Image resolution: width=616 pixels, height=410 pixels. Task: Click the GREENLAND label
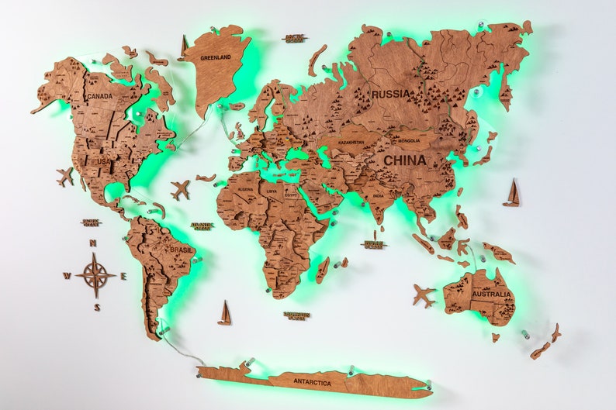[216, 57]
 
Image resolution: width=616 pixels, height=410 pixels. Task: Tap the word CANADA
[99, 96]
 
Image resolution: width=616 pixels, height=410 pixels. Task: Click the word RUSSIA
[391, 94]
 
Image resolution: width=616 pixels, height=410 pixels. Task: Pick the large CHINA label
[404, 160]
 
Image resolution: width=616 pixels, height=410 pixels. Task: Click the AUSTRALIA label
[490, 295]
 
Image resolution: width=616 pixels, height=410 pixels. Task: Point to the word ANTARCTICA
[313, 382]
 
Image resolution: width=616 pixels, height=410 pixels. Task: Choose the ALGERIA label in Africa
[245, 190]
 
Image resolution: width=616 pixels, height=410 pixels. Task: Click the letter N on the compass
[93, 243]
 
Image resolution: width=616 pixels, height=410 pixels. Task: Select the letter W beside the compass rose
[67, 275]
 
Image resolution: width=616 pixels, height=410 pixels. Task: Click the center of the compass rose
[95, 275]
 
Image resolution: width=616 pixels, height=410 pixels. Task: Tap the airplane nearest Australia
[424, 295]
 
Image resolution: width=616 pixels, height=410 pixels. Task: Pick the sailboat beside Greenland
[183, 47]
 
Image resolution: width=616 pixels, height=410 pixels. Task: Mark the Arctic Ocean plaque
[294, 37]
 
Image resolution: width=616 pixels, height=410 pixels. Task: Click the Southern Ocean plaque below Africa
[296, 315]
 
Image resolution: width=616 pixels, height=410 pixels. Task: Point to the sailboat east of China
[511, 193]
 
